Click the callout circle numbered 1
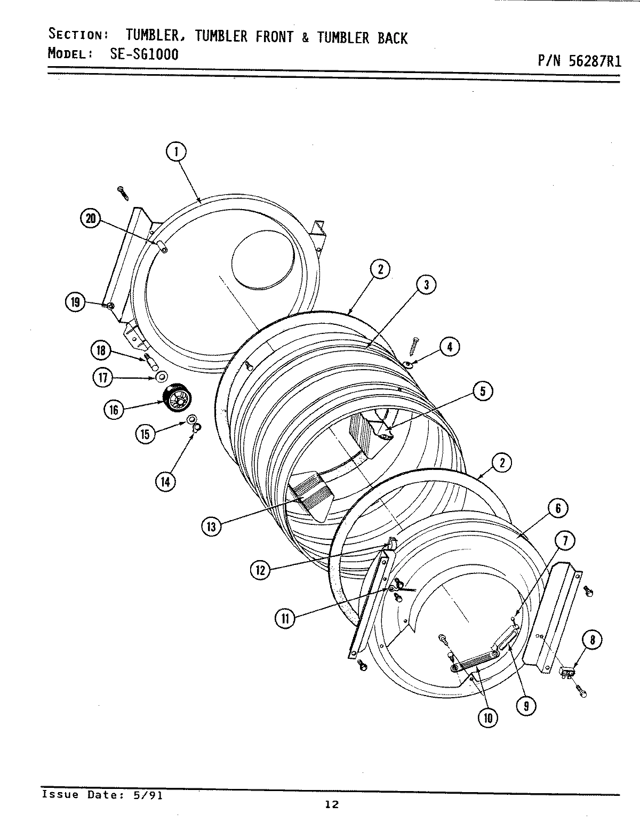coord(176,152)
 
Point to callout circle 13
coord(211,527)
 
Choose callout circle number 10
coord(488,718)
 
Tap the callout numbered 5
coord(483,392)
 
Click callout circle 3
coord(427,285)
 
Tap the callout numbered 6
coord(558,508)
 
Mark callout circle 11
coord(285,618)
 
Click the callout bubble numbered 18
coord(101,351)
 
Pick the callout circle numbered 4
coord(450,347)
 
